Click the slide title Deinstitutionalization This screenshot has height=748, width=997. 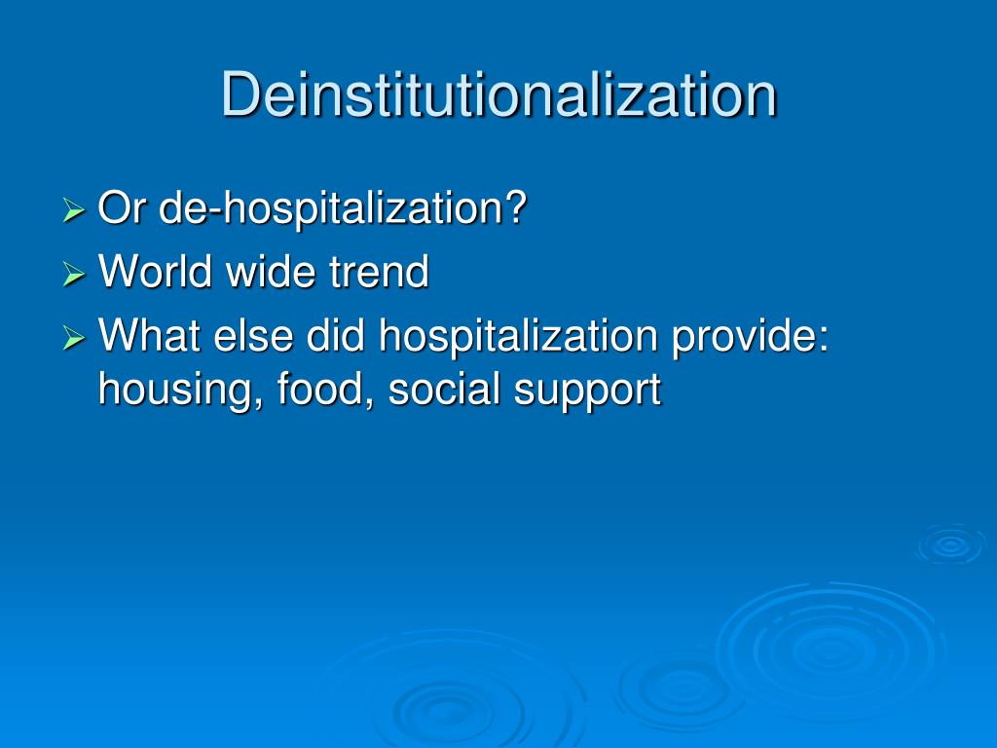point(498,94)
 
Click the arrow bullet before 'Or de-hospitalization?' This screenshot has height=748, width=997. point(74,209)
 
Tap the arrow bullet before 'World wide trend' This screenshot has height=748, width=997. point(74,274)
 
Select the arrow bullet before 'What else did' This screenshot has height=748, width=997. point(74,338)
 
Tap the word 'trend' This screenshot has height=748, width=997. point(379,272)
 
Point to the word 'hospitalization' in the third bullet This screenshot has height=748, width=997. point(518,338)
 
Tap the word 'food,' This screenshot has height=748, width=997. point(325,390)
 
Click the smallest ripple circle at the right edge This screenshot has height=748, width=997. point(949,545)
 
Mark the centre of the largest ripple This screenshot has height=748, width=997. point(828,648)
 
